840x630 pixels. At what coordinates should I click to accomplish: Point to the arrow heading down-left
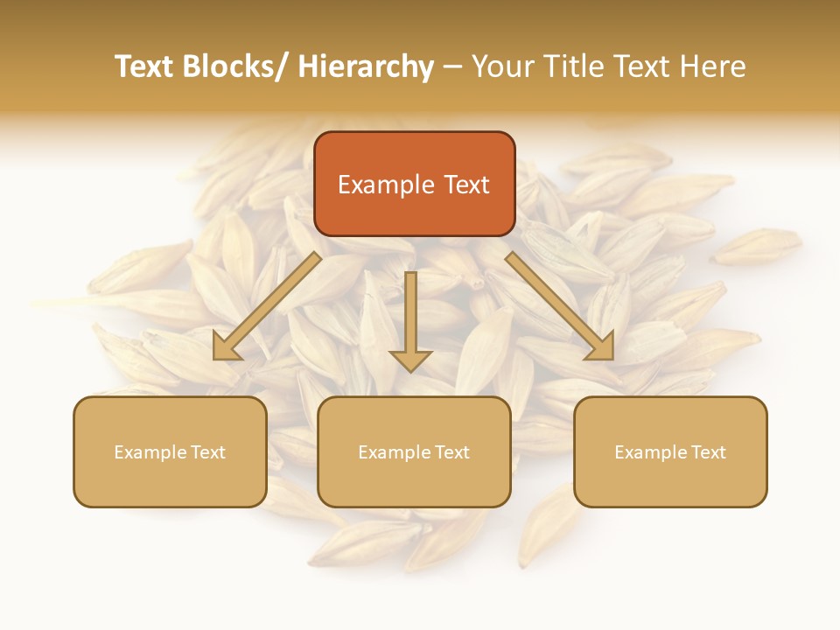tap(267, 306)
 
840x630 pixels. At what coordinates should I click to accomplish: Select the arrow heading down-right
tap(560, 306)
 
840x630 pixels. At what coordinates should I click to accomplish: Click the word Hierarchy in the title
tap(366, 66)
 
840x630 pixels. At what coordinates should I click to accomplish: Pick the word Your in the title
tap(504, 66)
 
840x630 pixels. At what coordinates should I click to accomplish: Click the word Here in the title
tap(711, 66)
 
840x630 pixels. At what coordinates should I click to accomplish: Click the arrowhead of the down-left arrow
tap(226, 347)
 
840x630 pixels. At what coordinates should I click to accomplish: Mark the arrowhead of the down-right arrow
tap(601, 347)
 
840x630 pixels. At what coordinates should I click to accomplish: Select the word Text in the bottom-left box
tap(208, 452)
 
